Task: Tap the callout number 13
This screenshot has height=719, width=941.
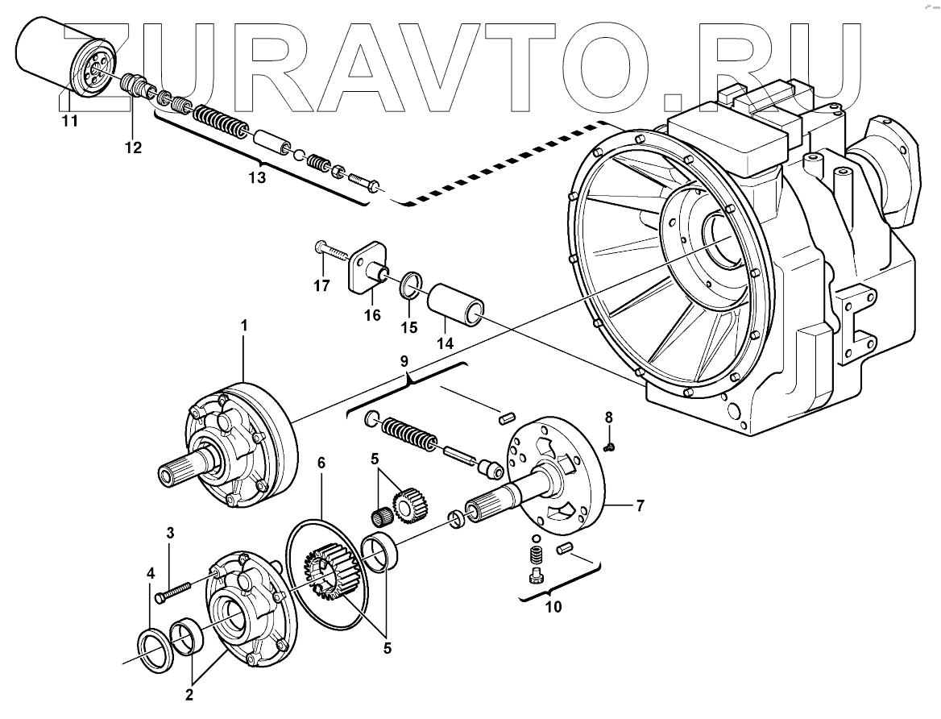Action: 256,178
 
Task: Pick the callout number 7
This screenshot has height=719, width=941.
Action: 640,506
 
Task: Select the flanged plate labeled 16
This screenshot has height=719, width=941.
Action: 369,268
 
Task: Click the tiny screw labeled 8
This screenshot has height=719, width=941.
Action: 611,444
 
